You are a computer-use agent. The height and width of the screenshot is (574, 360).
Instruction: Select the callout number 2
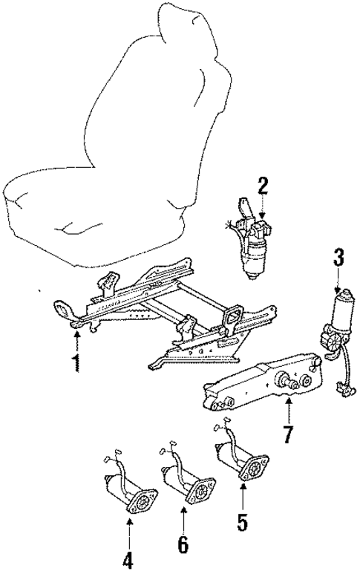(262, 185)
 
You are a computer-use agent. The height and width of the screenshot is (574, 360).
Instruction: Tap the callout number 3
(338, 259)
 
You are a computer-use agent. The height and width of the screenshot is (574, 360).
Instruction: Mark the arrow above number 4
(129, 531)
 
